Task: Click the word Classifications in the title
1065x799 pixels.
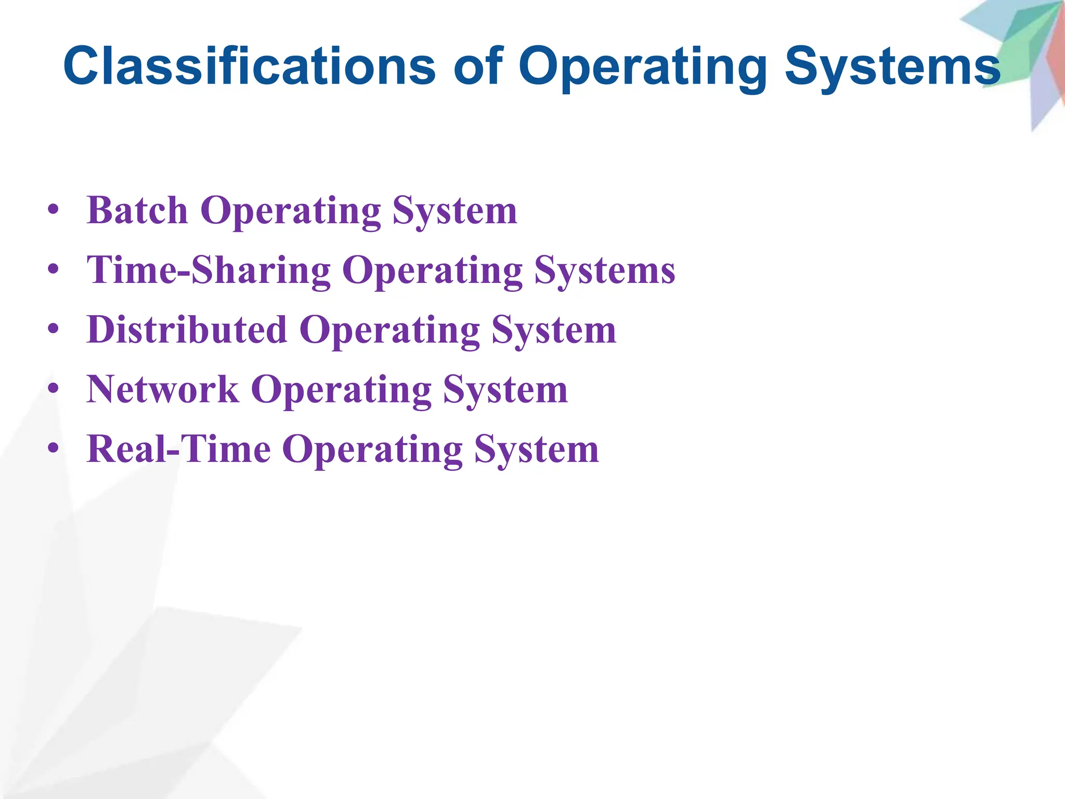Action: (249, 67)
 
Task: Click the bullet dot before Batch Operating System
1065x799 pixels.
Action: (53, 211)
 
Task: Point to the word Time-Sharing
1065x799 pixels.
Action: (209, 270)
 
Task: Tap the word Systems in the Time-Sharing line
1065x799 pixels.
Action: (604, 270)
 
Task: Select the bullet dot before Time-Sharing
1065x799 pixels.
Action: (53, 270)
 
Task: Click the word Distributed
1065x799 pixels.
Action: (187, 330)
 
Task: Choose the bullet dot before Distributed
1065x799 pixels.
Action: (53, 330)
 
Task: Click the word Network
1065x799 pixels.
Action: (163, 390)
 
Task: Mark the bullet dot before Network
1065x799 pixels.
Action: (53, 390)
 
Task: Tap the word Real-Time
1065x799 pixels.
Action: (179, 449)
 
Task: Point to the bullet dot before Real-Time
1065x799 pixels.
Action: (53, 449)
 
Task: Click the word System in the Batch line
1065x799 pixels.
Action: (454, 211)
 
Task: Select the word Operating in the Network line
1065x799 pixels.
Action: (341, 391)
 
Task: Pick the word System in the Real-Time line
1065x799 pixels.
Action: (536, 450)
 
